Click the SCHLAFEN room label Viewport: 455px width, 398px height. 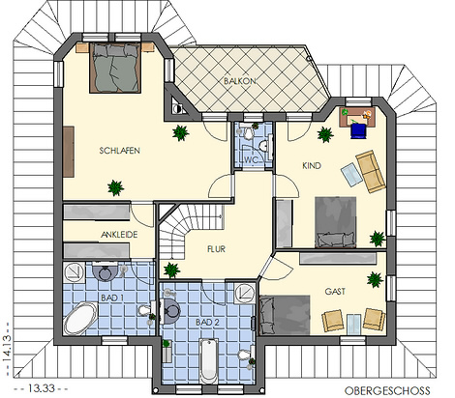pyautogui.click(x=120, y=151)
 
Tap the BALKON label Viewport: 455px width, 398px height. pyautogui.click(x=240, y=81)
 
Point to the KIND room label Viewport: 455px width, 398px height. pyautogui.click(x=312, y=166)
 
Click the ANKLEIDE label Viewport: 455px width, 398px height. pyautogui.click(x=119, y=235)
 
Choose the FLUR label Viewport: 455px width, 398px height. pyautogui.click(x=216, y=249)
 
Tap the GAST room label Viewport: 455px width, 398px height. pyautogui.click(x=335, y=292)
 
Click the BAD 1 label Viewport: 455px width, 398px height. pyautogui.click(x=112, y=298)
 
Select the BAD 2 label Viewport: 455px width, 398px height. pyautogui.click(x=207, y=322)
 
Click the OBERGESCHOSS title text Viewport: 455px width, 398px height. pyautogui.click(x=387, y=390)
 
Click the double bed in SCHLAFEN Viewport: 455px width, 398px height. pyautogui.click(x=115, y=68)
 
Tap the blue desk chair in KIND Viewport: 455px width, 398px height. pyautogui.click(x=359, y=131)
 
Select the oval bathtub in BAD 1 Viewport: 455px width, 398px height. pyautogui.click(x=80, y=318)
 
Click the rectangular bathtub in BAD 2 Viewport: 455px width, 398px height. pyautogui.click(x=209, y=360)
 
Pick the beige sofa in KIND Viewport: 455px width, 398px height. pyautogui.click(x=371, y=171)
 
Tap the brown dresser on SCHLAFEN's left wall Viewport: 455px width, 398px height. pyautogui.click(x=69, y=152)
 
